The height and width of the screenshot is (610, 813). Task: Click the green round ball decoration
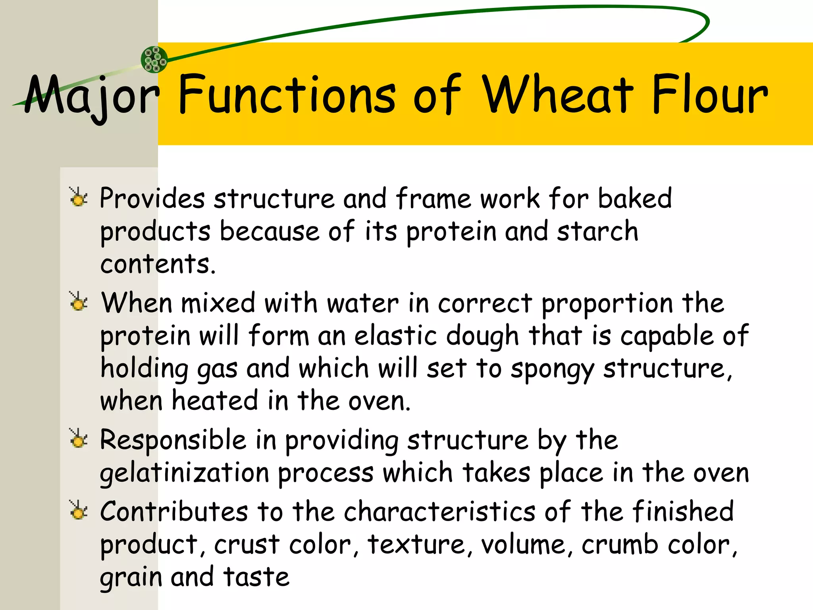click(154, 60)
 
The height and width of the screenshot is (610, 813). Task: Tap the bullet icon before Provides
click(78, 197)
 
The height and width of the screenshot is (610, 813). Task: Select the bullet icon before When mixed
click(78, 302)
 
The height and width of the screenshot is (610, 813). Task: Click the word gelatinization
click(185, 473)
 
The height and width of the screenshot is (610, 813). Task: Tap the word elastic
click(396, 336)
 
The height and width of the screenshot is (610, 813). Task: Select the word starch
click(597, 231)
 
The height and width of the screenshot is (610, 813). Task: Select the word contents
click(158, 264)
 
